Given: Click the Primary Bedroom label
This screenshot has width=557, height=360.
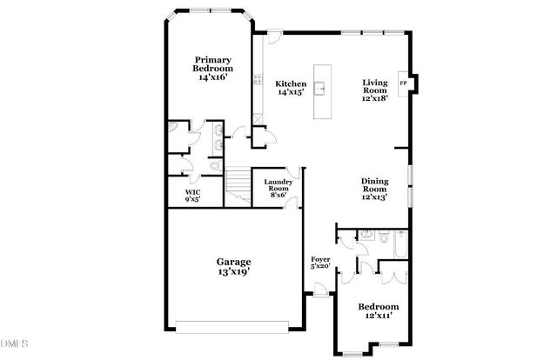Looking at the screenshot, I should pyautogui.click(x=213, y=69).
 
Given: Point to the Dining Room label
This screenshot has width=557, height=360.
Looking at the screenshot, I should pyautogui.click(x=374, y=189).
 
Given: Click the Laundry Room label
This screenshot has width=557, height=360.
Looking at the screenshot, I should pyautogui.click(x=278, y=188).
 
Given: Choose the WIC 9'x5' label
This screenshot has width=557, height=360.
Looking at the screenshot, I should pyautogui.click(x=192, y=196).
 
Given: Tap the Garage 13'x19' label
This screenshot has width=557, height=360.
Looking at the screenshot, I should pyautogui.click(x=234, y=266).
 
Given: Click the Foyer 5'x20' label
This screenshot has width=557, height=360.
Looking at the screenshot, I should pyautogui.click(x=321, y=263).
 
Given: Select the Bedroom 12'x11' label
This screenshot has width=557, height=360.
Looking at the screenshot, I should pyautogui.click(x=379, y=312).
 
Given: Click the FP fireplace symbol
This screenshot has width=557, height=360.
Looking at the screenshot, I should pyautogui.click(x=403, y=83).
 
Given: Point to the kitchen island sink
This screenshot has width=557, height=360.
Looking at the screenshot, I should pyautogui.click(x=321, y=87).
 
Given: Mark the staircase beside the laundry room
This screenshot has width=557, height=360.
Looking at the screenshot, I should pyautogui.click(x=237, y=183).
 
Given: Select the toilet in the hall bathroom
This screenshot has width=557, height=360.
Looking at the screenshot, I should pyautogui.click(x=368, y=235).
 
